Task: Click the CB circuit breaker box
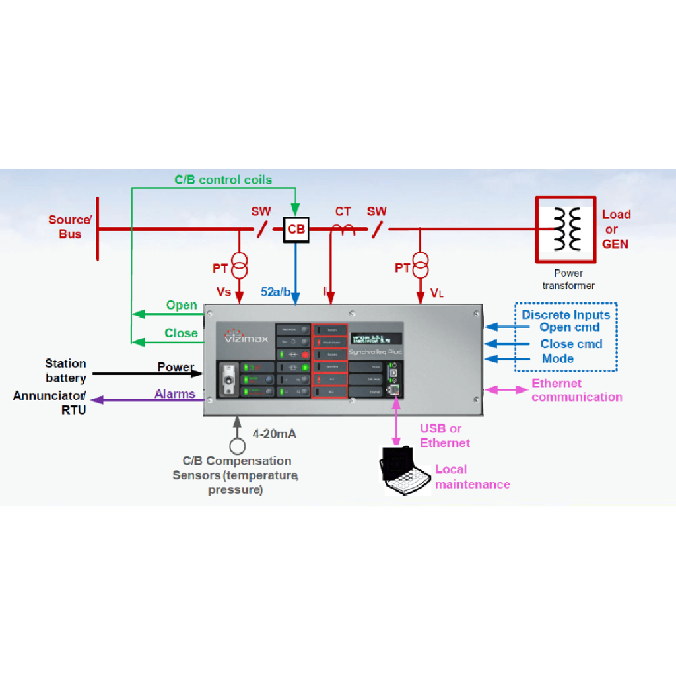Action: point(296,229)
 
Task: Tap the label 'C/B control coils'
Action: point(222,180)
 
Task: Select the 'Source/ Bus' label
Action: point(70,226)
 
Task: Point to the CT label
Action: point(343,211)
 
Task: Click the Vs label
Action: point(224,292)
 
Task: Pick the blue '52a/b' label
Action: point(275,292)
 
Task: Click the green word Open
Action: point(181,305)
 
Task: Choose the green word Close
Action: point(181,333)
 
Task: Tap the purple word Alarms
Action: point(175,394)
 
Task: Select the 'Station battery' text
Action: point(65,370)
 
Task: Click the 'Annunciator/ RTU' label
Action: point(50,402)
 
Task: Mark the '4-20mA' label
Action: point(275,434)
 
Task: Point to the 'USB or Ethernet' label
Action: point(445,436)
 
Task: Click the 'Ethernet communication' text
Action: point(576,390)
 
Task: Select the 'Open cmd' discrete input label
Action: point(569,327)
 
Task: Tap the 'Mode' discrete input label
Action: point(557,358)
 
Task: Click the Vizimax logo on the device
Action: point(242,335)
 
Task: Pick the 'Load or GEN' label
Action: point(615,229)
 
